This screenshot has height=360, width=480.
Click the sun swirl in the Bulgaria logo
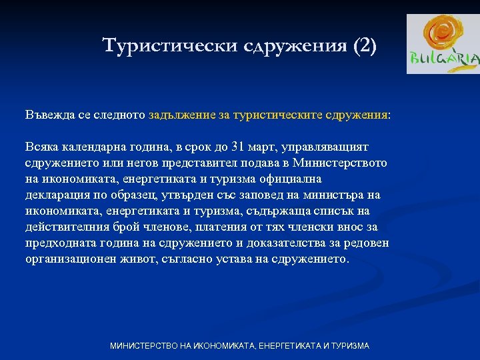pyautogui.click(x=442, y=33)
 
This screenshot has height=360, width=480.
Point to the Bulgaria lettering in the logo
pyautogui.click(x=444, y=59)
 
